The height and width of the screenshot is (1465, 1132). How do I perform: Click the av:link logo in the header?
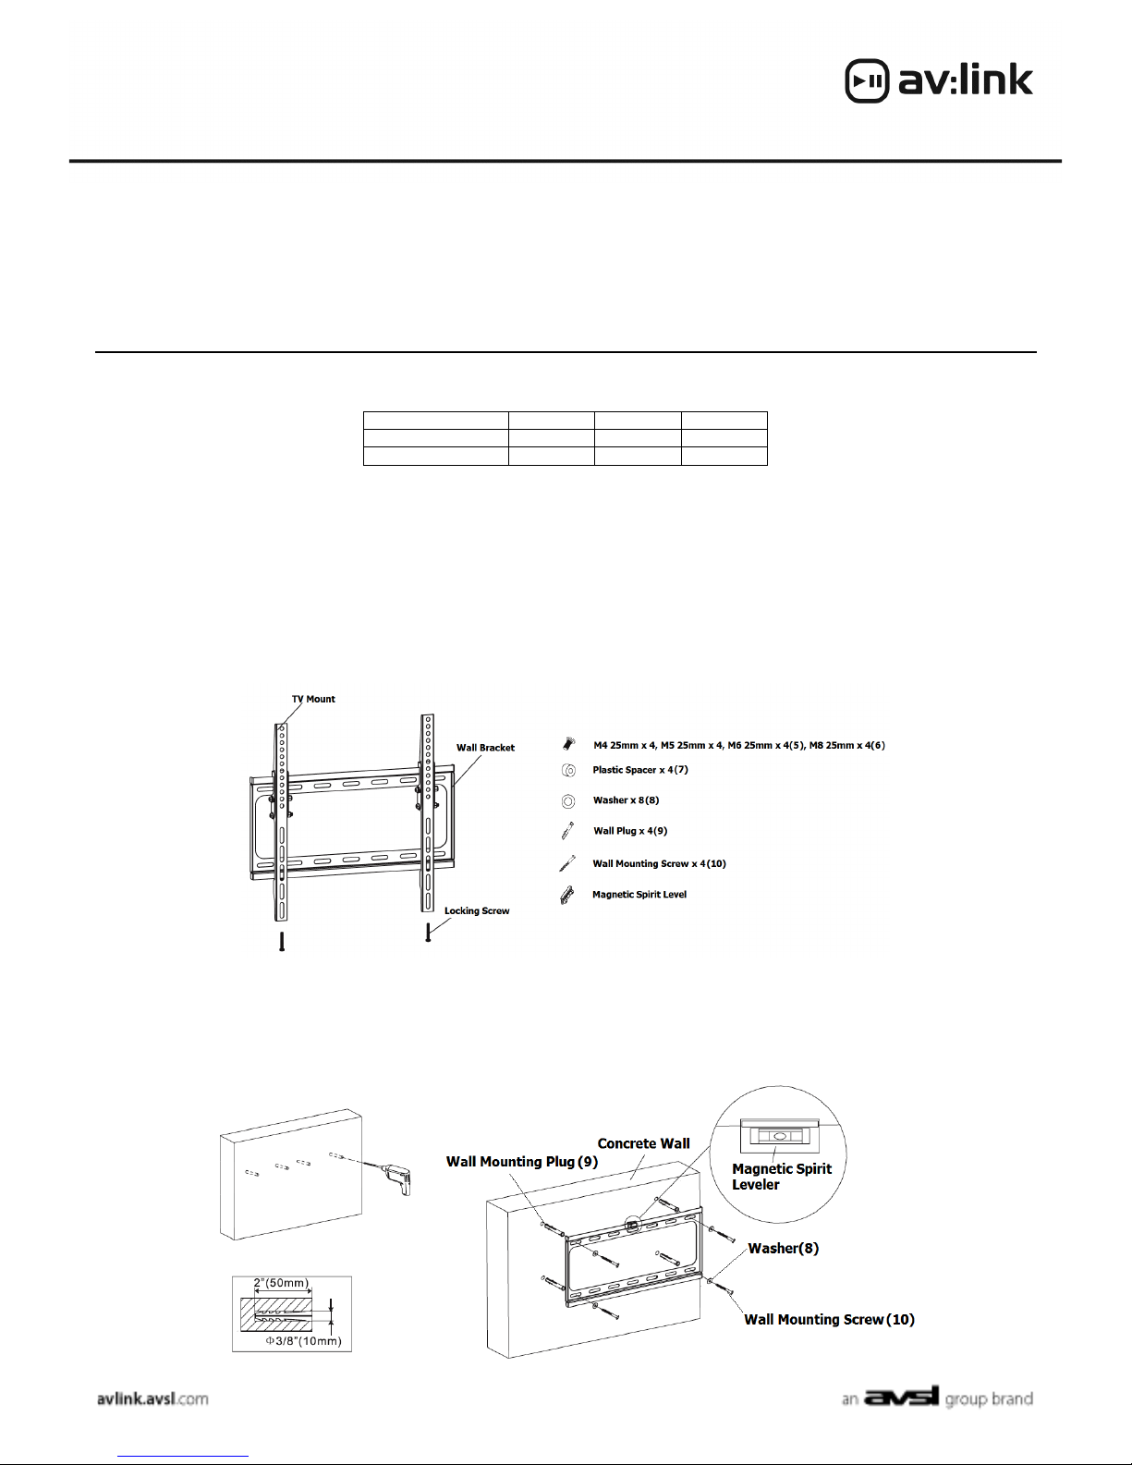click(x=939, y=80)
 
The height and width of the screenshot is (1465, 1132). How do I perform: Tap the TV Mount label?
click(x=313, y=699)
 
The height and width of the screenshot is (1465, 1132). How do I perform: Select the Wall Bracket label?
click(x=485, y=748)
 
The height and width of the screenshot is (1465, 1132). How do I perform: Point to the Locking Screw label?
click(x=477, y=910)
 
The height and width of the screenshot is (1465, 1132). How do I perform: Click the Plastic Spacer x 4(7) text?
click(x=640, y=770)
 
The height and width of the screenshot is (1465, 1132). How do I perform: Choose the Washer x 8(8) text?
click(x=626, y=800)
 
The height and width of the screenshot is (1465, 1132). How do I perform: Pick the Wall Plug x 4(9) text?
click(x=630, y=831)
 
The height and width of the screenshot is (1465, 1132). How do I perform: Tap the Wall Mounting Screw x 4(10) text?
click(x=659, y=864)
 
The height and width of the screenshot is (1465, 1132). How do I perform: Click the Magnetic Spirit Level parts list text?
click(x=639, y=895)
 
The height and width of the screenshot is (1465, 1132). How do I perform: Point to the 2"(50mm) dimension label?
click(x=281, y=1284)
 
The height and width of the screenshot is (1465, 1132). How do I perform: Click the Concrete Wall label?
click(x=643, y=1143)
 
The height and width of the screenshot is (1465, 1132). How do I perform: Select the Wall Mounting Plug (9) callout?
click(x=522, y=1162)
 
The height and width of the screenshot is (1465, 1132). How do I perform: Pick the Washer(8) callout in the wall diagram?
click(x=783, y=1249)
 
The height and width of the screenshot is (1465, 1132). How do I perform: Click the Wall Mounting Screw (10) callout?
click(x=829, y=1320)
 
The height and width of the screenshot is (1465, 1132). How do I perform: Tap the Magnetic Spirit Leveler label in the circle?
click(x=781, y=1177)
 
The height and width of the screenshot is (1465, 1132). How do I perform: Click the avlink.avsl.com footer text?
click(x=152, y=1398)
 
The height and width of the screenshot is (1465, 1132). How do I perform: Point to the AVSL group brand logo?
click(x=937, y=1398)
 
